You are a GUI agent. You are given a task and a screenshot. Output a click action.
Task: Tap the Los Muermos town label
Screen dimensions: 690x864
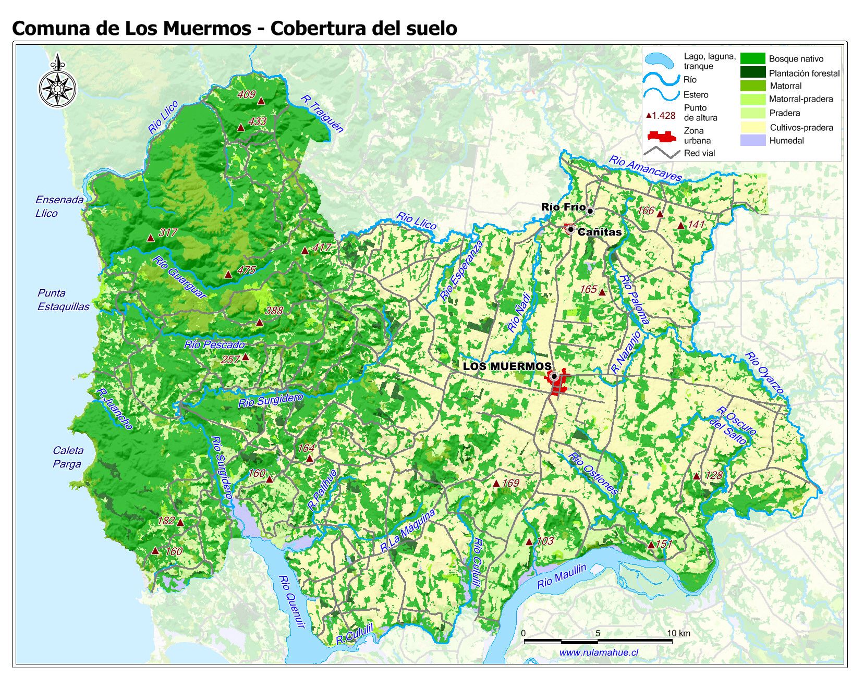coord(507,366)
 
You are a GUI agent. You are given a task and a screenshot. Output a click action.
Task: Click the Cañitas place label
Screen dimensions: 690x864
coord(600,232)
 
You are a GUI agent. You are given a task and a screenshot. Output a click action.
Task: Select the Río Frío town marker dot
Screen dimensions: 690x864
coord(590,211)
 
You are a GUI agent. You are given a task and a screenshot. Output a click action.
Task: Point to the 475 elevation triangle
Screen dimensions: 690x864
coord(228,274)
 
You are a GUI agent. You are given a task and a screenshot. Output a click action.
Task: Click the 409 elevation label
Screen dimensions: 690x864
coord(246,94)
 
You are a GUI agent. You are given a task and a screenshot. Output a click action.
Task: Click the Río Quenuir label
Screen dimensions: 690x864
coord(291,601)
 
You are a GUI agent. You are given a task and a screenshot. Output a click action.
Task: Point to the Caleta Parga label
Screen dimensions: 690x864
coord(67,457)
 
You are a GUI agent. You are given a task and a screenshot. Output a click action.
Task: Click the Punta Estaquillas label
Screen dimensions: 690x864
coord(63,300)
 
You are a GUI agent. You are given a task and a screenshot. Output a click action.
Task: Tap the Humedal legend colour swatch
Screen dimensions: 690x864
coord(752,140)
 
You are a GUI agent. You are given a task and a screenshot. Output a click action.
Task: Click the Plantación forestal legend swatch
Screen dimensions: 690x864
coord(752,72)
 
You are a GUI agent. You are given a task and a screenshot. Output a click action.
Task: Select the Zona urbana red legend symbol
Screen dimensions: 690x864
coord(661,137)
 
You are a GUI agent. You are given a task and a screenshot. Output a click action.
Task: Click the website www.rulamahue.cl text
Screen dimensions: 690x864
coord(599,652)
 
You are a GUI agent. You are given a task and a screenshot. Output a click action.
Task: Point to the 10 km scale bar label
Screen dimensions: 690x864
coord(678,633)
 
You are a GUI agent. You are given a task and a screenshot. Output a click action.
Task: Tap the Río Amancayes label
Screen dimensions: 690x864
coord(645,168)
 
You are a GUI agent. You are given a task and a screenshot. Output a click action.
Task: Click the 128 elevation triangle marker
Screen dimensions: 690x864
coord(696,476)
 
